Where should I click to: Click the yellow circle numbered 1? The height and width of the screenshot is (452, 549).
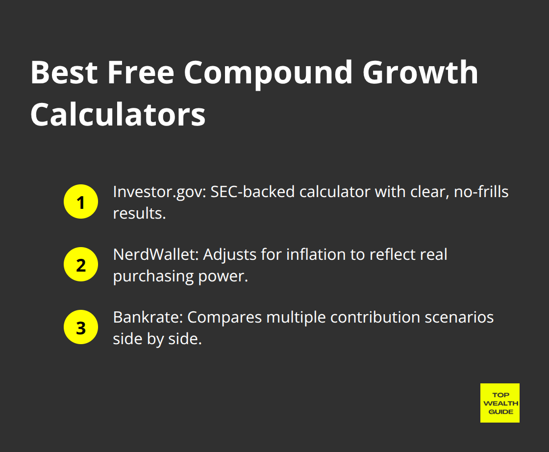point(81,202)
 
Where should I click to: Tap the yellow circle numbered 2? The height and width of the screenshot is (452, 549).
point(81,265)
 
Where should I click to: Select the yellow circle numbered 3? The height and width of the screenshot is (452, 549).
point(81,327)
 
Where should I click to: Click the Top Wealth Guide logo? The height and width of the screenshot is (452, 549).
point(499,403)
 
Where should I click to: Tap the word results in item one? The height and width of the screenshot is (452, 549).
point(138,214)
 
